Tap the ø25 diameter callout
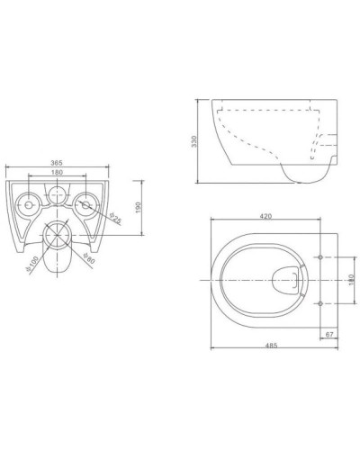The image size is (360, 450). (x=116, y=218)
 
